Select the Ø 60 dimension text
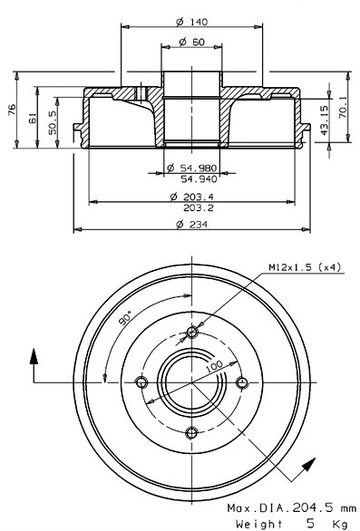(190, 42)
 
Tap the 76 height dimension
(12, 110)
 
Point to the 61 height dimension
(33, 118)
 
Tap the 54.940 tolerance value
(195, 179)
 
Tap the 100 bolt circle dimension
(214, 367)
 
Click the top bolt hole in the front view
(190, 331)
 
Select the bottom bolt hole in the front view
(190, 431)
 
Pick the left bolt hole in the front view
(141, 381)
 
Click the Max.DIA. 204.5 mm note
(290, 509)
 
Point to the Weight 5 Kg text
(290, 523)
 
